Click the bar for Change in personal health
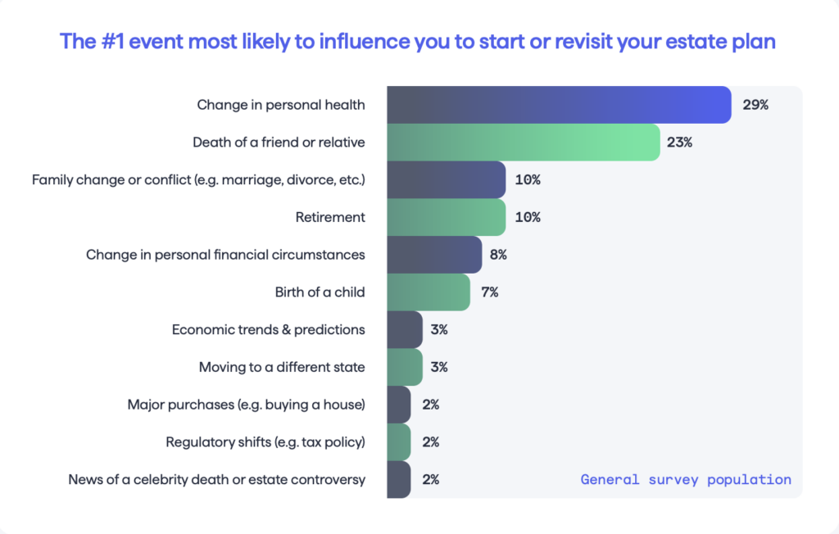[559, 105]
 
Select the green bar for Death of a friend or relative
[523, 143]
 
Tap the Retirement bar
[446, 217]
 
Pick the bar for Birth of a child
[428, 292]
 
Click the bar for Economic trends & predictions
[404, 330]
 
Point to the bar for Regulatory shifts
[398, 442]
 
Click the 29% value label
[755, 105]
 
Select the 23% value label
[679, 143]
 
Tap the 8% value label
[498, 255]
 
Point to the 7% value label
[490, 292]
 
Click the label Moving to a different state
[282, 368]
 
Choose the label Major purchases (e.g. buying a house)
[246, 405]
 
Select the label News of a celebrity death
[216, 480]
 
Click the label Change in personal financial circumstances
[225, 255]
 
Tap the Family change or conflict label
[198, 180]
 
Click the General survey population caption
[686, 480]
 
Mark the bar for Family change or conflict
[446, 180]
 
